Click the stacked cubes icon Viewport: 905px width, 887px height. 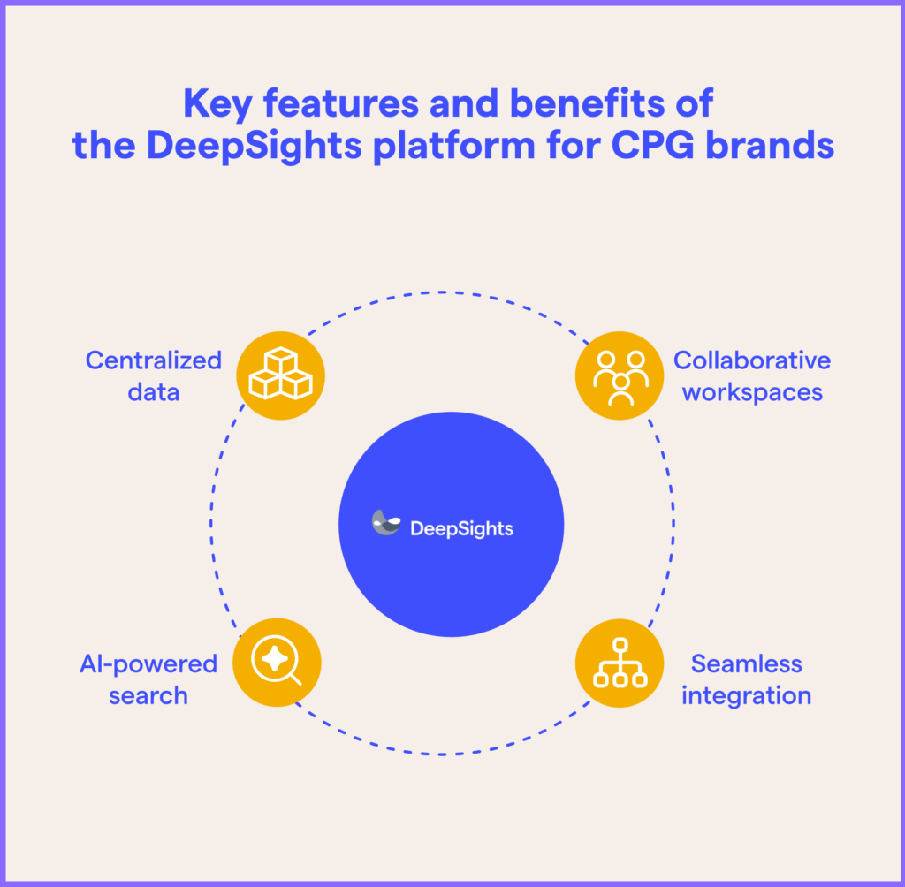point(281,375)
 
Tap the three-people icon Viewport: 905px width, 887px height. point(620,375)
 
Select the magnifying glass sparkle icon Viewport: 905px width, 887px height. point(277,662)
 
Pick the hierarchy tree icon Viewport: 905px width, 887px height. point(620,662)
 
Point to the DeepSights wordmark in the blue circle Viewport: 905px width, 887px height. point(461,529)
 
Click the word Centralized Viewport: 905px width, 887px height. point(153,360)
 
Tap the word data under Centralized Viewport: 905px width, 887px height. point(153,391)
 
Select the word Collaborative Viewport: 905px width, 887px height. point(752,360)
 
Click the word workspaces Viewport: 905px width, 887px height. point(752,391)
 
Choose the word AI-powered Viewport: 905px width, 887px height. point(148,663)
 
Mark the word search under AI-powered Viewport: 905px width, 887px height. point(148,695)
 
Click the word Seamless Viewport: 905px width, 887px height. point(747,663)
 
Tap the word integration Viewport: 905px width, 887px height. point(747,695)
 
